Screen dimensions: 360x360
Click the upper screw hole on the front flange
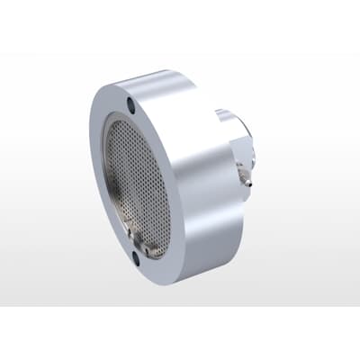(x=133, y=105)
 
